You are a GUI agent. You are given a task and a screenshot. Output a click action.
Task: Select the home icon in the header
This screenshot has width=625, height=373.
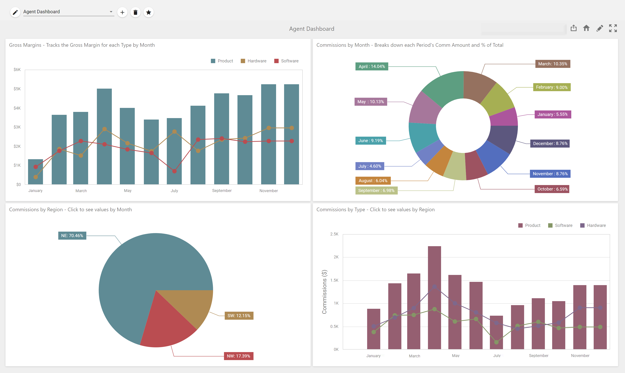586,28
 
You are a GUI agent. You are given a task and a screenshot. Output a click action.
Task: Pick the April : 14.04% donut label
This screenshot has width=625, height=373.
372,66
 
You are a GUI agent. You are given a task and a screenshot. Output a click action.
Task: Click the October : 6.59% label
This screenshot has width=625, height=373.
552,189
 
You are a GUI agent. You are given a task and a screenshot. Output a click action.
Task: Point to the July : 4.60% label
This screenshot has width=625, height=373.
370,166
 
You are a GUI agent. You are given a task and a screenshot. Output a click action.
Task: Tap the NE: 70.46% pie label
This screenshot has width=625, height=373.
72,235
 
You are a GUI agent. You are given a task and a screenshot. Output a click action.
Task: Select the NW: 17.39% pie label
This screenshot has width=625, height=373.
238,356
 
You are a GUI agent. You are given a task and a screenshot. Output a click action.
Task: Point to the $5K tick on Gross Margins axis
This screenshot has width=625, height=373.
17,89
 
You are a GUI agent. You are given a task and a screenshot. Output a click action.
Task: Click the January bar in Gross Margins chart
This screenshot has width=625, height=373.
36,172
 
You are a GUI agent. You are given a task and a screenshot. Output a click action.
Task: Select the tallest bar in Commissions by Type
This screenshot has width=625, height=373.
434,298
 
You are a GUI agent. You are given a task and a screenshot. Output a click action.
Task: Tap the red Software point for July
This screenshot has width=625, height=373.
174,171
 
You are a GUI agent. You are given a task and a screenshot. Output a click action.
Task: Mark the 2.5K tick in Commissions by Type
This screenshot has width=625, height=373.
334,234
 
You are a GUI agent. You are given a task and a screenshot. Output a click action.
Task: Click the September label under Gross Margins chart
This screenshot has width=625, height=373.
222,191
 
